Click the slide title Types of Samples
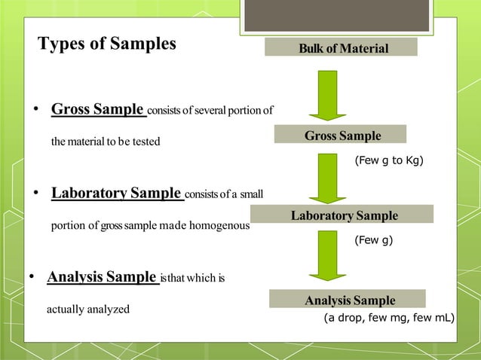click(x=107, y=44)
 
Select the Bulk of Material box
click(x=341, y=48)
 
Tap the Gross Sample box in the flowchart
click(x=340, y=136)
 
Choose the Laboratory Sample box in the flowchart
click(x=345, y=215)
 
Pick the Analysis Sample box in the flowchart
click(x=348, y=300)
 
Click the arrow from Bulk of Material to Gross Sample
click(x=327, y=95)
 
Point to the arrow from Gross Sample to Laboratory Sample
click(x=327, y=178)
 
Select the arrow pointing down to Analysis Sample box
click(x=327, y=258)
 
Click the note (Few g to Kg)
click(x=388, y=160)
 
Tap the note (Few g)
click(x=373, y=242)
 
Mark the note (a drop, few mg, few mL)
click(x=389, y=318)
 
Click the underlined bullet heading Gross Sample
click(x=98, y=110)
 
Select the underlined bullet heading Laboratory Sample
click(x=117, y=193)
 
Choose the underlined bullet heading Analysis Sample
click(x=103, y=276)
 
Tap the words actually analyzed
click(x=88, y=309)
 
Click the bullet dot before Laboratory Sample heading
click(x=35, y=194)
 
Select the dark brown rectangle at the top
click(x=336, y=15)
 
